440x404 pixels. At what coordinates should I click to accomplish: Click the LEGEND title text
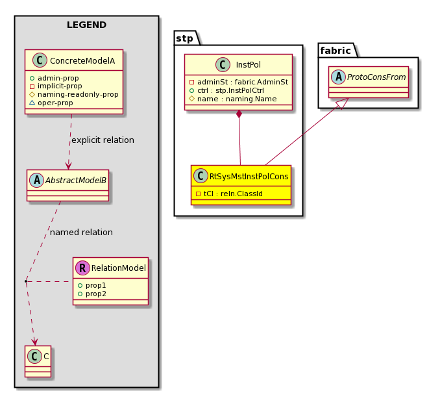tap(86, 25)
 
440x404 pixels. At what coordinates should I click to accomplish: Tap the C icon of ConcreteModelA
tap(40, 60)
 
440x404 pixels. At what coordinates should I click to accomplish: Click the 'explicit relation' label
tap(103, 140)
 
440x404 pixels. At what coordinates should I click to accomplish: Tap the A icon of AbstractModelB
tap(37, 180)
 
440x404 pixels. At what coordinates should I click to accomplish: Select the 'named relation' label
tap(81, 233)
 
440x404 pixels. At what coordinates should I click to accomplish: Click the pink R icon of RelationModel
tap(83, 268)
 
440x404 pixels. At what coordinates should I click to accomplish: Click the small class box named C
tap(38, 361)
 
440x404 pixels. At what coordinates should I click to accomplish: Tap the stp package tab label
tap(185, 38)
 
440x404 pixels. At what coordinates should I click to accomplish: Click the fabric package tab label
tap(336, 51)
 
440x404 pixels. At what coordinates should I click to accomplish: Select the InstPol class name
tap(249, 65)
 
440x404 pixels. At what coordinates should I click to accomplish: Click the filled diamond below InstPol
tap(239, 114)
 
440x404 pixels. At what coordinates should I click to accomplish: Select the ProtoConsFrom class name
tap(376, 77)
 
